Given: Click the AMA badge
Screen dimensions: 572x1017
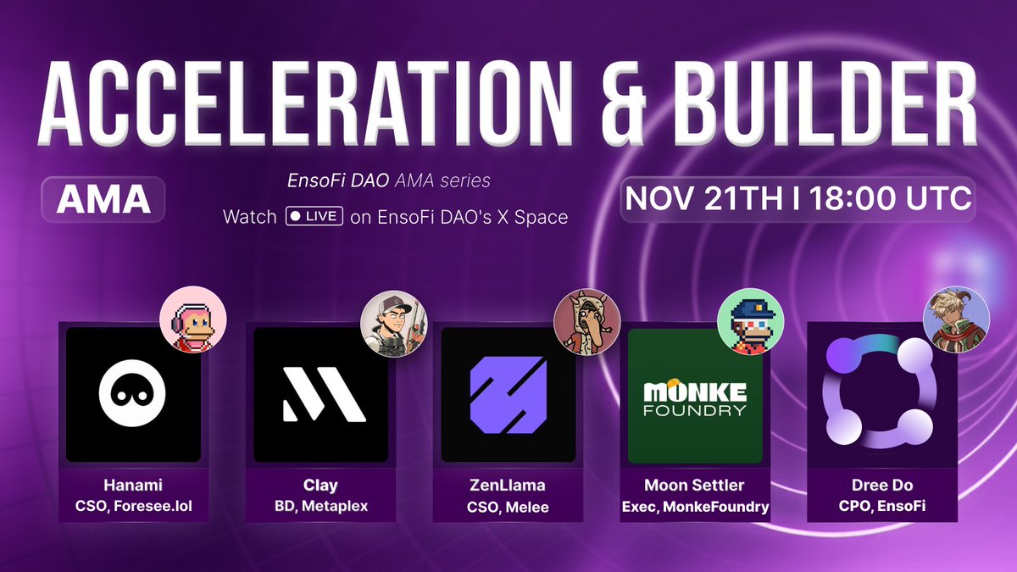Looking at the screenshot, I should pos(103,199).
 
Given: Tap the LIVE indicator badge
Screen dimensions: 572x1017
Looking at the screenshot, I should pos(314,217).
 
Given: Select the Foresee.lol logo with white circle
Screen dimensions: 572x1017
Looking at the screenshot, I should pos(133,395).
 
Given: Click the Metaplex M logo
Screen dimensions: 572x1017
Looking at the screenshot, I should pos(321,395).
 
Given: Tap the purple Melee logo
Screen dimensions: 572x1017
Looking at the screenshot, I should pos(508,395).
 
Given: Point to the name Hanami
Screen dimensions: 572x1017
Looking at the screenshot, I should pos(133,486).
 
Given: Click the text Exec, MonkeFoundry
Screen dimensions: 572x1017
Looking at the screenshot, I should pos(695,507).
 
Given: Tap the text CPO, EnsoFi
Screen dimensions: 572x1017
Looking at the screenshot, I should pos(881,507).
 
